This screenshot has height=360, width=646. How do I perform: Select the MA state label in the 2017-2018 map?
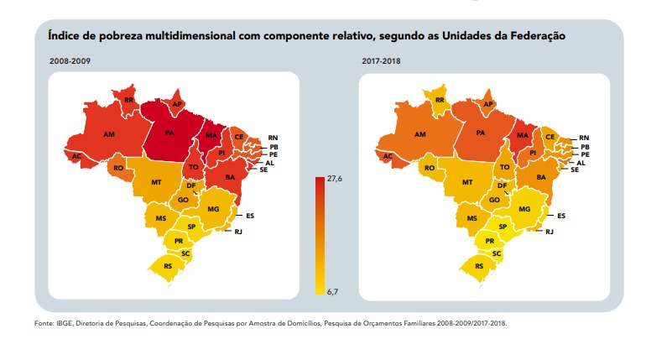point(523,134)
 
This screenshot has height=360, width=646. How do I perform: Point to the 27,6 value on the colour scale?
point(333,179)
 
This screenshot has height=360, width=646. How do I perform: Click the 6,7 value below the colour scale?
point(332,291)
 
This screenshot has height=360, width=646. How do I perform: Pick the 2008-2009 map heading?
point(70,62)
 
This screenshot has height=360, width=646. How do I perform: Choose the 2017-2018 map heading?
point(383,62)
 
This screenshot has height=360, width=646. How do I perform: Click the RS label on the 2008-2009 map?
point(169,266)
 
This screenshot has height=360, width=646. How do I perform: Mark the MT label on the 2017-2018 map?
point(468,182)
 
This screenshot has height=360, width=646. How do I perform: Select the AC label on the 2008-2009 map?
point(76,155)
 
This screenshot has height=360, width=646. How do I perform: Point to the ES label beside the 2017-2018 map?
point(562,216)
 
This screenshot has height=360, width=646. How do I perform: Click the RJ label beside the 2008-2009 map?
point(237,231)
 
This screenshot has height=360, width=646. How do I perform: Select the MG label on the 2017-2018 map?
point(525,209)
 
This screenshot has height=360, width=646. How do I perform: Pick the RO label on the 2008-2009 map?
point(118,168)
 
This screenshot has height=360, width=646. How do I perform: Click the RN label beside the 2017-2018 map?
point(585,137)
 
